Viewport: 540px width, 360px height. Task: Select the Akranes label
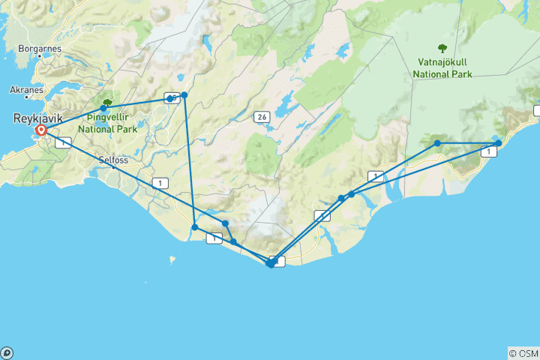coord(27,89)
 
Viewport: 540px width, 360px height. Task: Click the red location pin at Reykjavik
coord(41,131)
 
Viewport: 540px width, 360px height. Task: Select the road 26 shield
coord(261,117)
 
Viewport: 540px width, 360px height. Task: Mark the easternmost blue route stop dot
coord(498,143)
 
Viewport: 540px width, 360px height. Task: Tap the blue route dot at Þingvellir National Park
coord(103,109)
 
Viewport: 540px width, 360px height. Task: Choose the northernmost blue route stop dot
coord(184,95)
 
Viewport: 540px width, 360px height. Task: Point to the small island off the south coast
coord(172,261)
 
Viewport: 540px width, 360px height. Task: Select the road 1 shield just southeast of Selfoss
coord(159,182)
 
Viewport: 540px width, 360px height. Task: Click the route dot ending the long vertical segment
coord(195,227)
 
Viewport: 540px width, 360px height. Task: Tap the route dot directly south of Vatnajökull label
coord(437,142)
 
